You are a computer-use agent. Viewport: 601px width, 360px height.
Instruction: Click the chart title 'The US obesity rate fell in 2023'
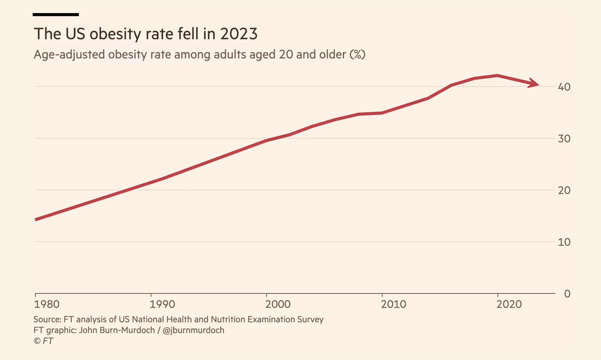[145, 35]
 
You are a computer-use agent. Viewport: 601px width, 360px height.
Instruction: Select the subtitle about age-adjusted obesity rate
[199, 55]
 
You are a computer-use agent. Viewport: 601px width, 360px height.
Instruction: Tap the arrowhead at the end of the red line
[534, 84]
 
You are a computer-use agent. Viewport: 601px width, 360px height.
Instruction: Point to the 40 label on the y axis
[564, 87]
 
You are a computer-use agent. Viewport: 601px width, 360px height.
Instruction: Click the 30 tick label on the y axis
[564, 139]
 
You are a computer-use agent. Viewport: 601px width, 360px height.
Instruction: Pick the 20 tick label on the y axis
[564, 190]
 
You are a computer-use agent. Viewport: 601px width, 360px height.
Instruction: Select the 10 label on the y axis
[564, 242]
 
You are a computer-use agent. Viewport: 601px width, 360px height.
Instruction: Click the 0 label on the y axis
[567, 293]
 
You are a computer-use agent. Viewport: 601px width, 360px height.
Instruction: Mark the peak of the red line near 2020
[497, 76]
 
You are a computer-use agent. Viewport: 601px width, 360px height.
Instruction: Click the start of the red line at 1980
[36, 219]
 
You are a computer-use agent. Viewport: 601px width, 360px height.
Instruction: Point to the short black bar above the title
[56, 14]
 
